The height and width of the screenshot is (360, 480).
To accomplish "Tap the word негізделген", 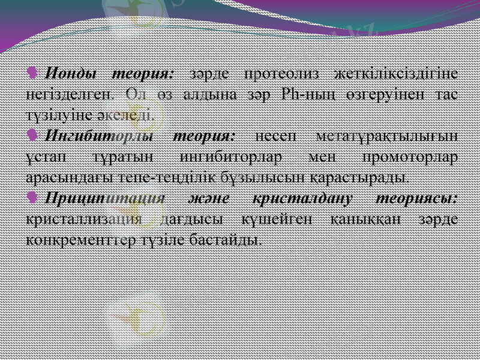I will [x=68, y=95].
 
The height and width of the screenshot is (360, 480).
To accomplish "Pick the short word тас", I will [x=445, y=95].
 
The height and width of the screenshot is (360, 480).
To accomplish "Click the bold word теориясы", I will [x=416, y=197].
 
